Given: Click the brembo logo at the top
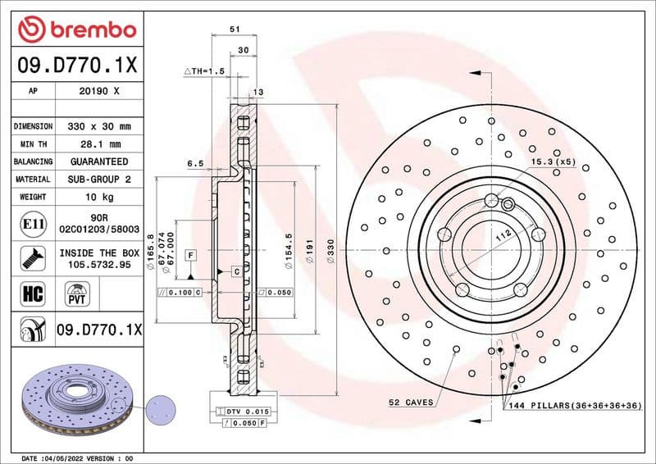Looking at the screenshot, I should click(77, 30).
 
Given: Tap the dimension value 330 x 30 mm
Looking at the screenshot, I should click(98, 127).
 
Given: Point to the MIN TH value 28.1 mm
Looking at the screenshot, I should click(98, 144).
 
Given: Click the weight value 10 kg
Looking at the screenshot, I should click(98, 197).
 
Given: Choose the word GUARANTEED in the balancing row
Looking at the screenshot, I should click(98, 161).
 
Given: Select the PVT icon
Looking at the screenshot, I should click(78, 293).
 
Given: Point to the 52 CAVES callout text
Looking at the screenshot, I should click(411, 403).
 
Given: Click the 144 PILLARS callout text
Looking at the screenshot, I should click(566, 405).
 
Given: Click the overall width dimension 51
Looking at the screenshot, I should click(235, 29).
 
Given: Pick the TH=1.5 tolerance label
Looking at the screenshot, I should click(205, 72).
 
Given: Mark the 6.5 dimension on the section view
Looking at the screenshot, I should click(195, 164).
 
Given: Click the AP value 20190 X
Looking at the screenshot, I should click(98, 92).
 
